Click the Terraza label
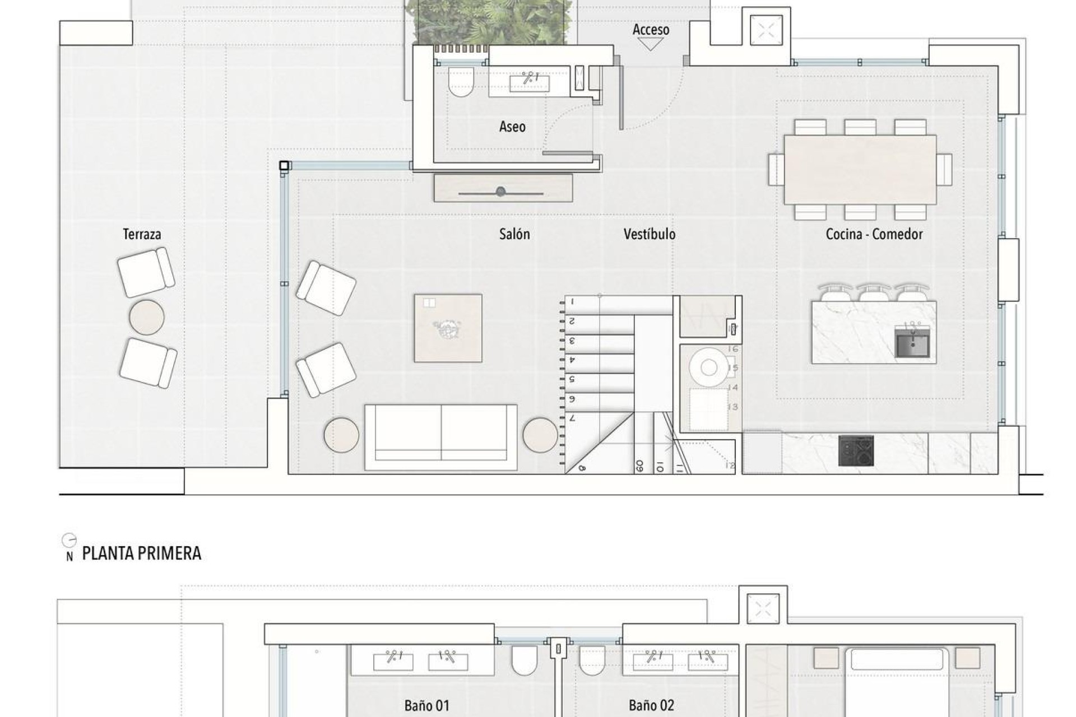142,234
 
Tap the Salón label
514,234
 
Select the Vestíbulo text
649,234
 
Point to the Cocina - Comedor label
874,234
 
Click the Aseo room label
512,127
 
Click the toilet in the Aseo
461,82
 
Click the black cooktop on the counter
856,450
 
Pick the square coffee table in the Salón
448,328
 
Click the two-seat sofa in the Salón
440,437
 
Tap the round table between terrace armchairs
147,317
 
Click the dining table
860,169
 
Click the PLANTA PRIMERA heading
141,553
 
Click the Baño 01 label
426,706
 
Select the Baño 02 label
651,706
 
